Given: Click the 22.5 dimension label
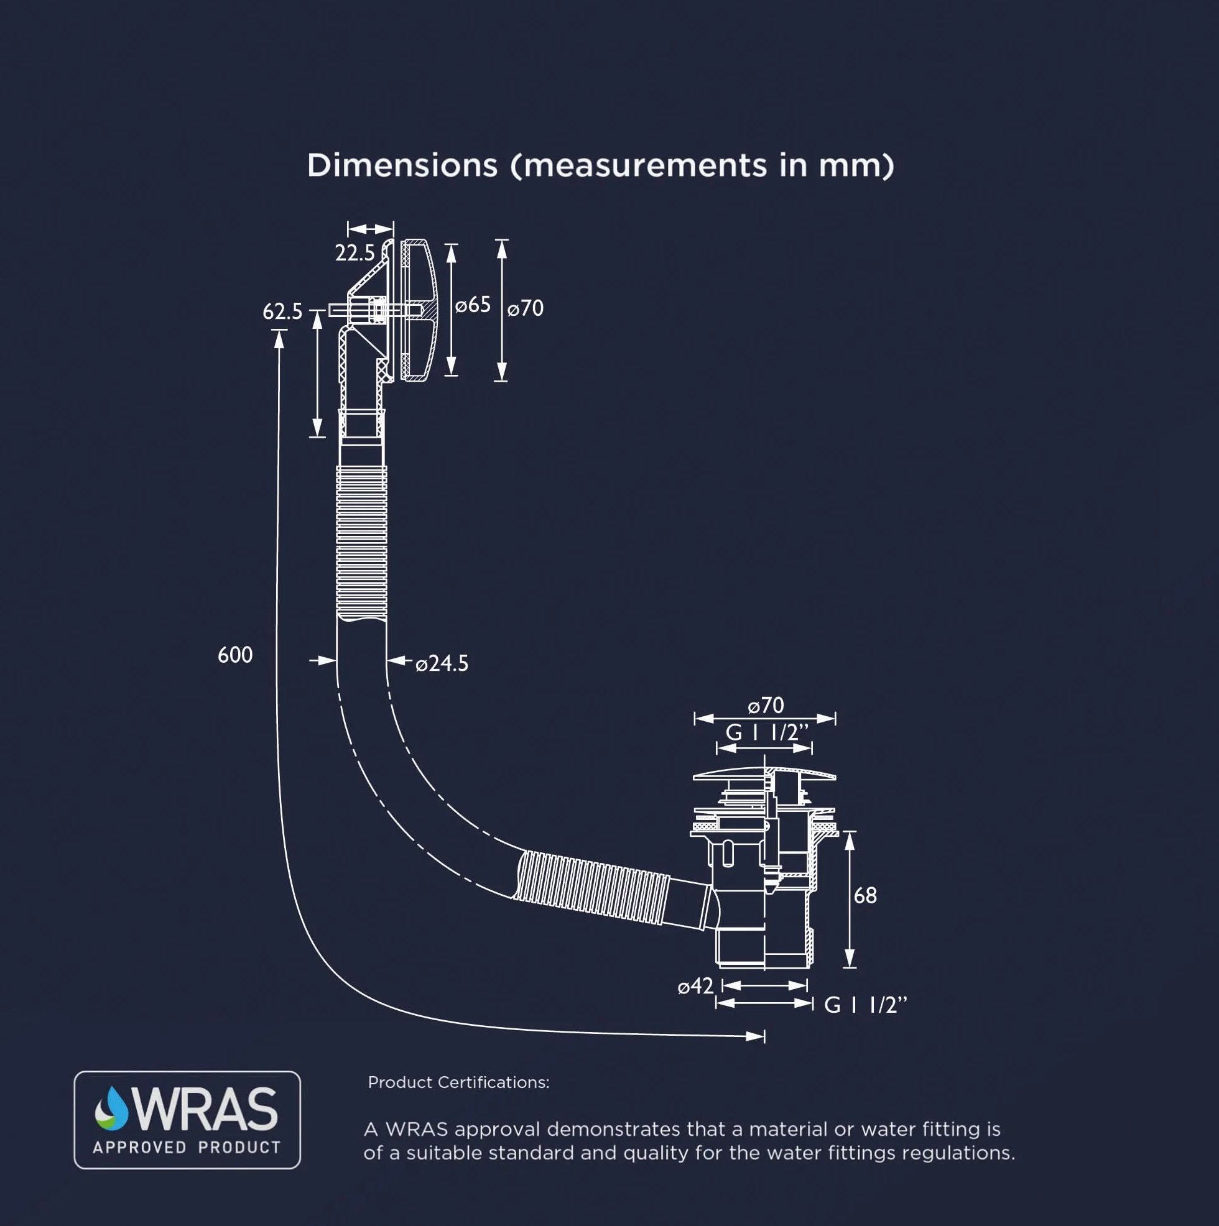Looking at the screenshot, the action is pos(355,253).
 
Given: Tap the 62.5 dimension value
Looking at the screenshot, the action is pos(282,311).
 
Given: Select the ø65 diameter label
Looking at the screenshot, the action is pos(473,305).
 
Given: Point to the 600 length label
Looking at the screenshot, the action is pos(235,655).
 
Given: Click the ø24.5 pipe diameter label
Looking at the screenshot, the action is pos(442,664).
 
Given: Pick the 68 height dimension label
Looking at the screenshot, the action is pos(865,895).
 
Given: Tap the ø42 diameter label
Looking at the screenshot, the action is pos(696,986).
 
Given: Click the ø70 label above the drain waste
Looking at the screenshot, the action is pos(766,705).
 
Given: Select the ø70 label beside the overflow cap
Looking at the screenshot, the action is pos(526,308).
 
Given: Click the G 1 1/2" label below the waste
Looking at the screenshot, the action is pos(865,1005).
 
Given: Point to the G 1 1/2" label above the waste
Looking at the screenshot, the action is pos(767,732).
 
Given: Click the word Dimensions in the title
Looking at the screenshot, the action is pos(402,165).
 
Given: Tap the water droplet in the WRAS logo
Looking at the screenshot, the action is pos(112,1108).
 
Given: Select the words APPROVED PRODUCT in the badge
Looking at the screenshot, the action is pos(187,1147).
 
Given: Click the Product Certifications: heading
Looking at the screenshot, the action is pos(458,1082).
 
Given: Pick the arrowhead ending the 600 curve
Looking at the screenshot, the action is pos(756,1037).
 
